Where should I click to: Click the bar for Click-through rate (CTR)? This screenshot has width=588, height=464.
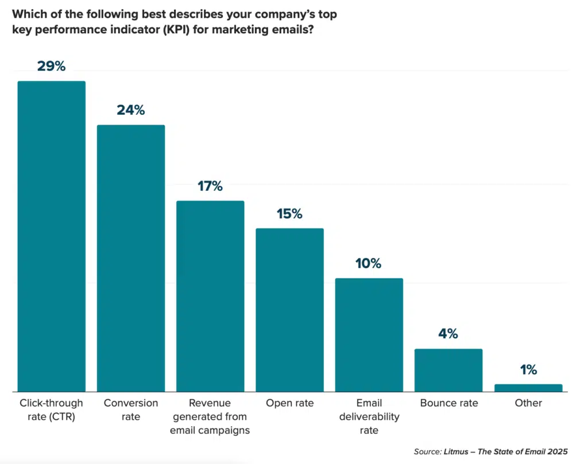point(52,236)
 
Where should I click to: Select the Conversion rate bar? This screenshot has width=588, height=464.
point(131,258)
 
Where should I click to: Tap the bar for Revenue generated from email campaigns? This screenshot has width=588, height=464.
point(210,296)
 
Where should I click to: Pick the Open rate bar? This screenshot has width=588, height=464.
point(289,310)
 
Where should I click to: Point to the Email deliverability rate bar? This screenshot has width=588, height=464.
point(369,335)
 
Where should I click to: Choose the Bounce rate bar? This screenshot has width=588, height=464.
point(448,370)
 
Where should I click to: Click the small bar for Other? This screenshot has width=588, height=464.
point(528,388)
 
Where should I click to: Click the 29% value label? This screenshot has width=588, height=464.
point(52,66)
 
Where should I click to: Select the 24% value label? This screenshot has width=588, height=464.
point(131,110)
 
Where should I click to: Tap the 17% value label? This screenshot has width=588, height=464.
point(210,186)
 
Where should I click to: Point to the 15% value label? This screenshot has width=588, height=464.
point(289,214)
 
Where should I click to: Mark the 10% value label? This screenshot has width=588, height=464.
point(369,264)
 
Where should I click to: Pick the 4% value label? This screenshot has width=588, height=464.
point(448,334)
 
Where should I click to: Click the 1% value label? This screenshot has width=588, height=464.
point(528,370)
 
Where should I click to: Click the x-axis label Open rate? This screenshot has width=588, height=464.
point(289,403)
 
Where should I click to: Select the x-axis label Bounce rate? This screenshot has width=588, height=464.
point(448,403)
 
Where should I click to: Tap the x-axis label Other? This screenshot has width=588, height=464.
point(528,403)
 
